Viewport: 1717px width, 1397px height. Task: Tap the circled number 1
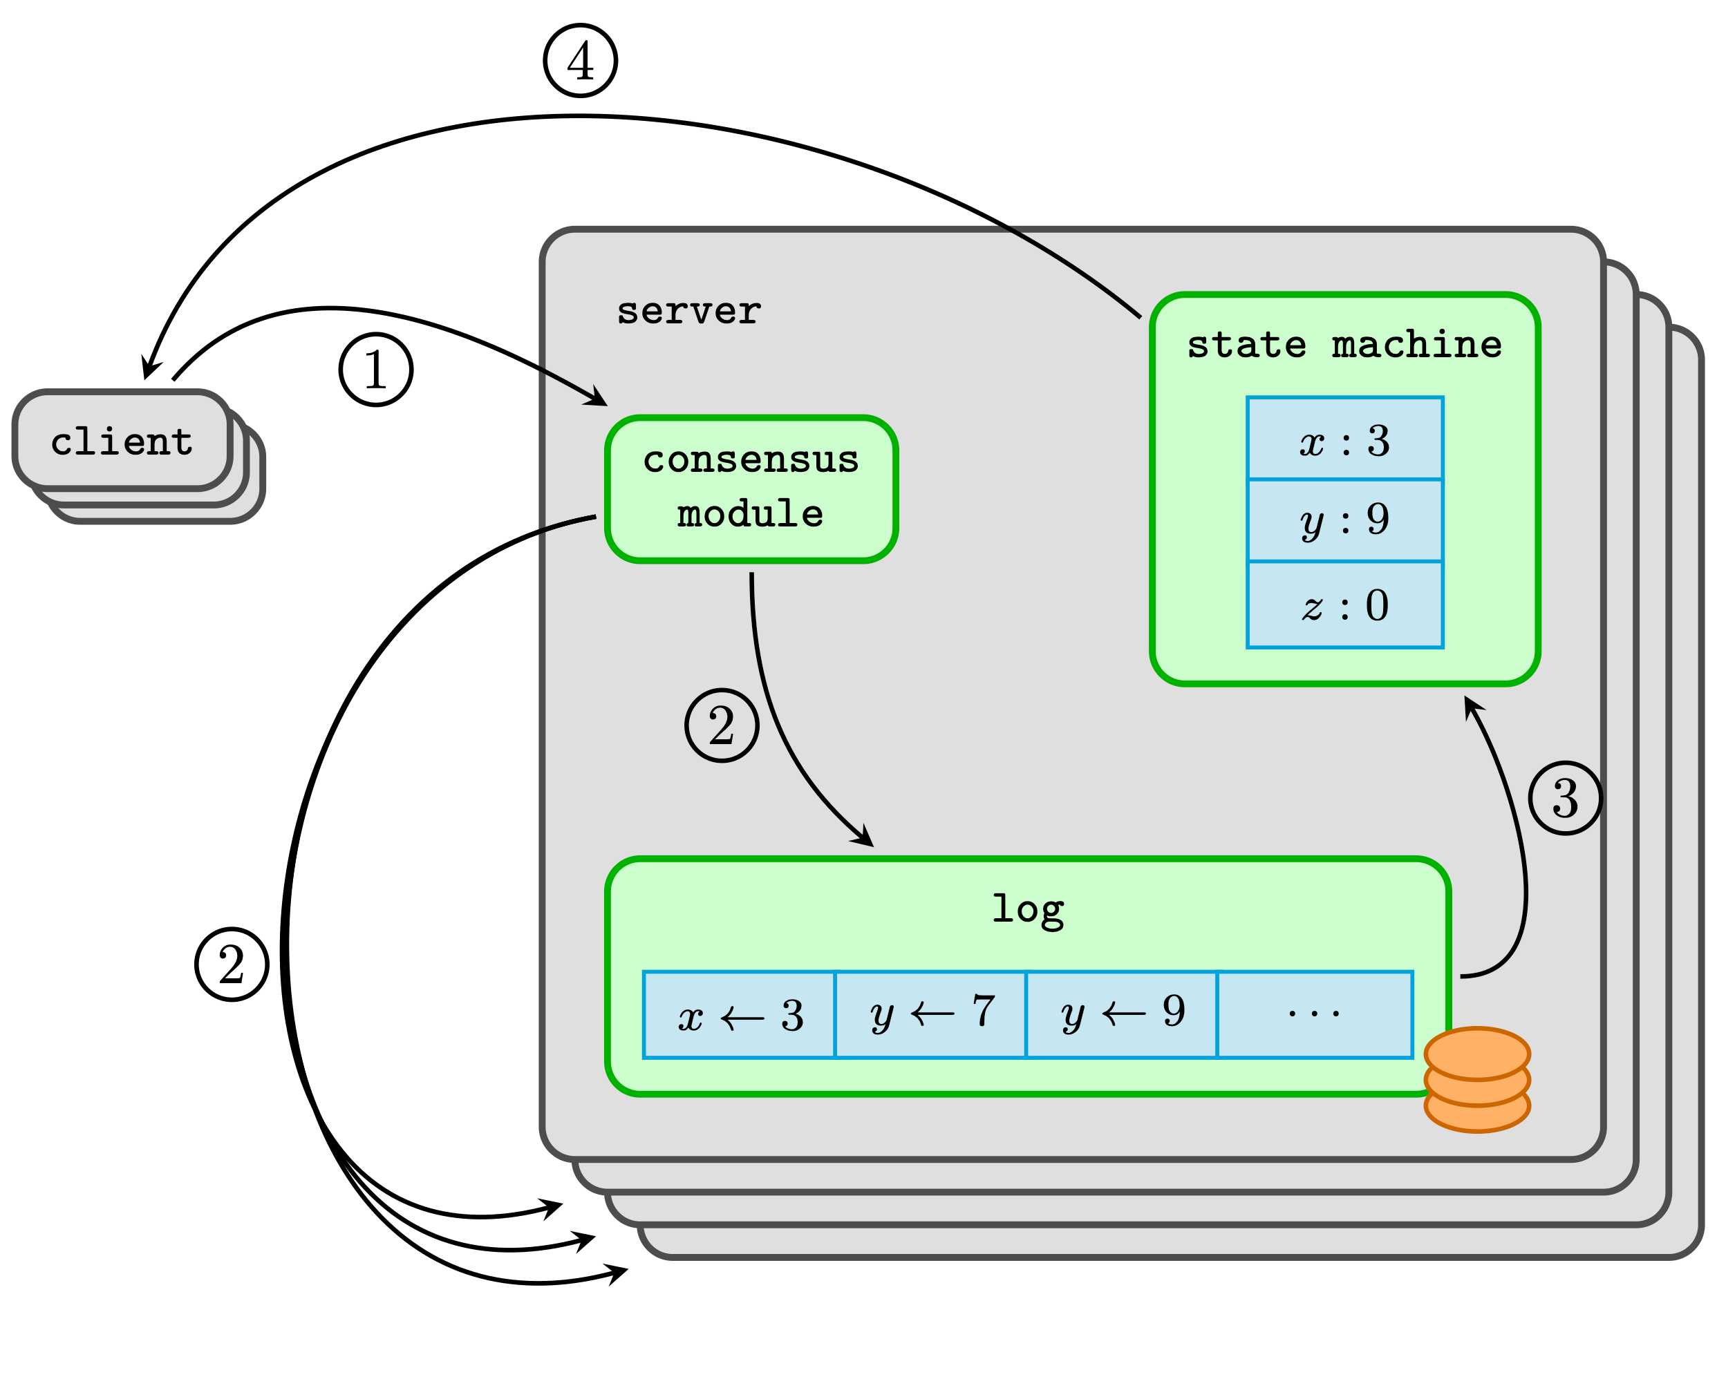[x=376, y=370]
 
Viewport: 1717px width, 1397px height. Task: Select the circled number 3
[x=1564, y=797]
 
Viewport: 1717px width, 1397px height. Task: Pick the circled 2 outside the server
[x=232, y=964]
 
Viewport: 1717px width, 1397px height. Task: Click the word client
[x=122, y=441]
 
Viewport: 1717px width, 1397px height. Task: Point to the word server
[x=688, y=311]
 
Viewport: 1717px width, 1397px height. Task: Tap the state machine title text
[x=1344, y=345]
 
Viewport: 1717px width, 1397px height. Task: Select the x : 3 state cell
[x=1344, y=439]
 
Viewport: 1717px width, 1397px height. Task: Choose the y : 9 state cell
[x=1344, y=520]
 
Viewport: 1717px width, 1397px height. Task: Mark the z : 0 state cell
[x=1344, y=604]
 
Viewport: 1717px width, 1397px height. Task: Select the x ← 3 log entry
[x=739, y=1014]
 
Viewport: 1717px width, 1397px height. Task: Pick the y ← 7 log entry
[x=930, y=1014]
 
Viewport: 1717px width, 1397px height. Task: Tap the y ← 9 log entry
[x=1120, y=1014]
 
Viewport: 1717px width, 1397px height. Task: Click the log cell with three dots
[x=1314, y=1014]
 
